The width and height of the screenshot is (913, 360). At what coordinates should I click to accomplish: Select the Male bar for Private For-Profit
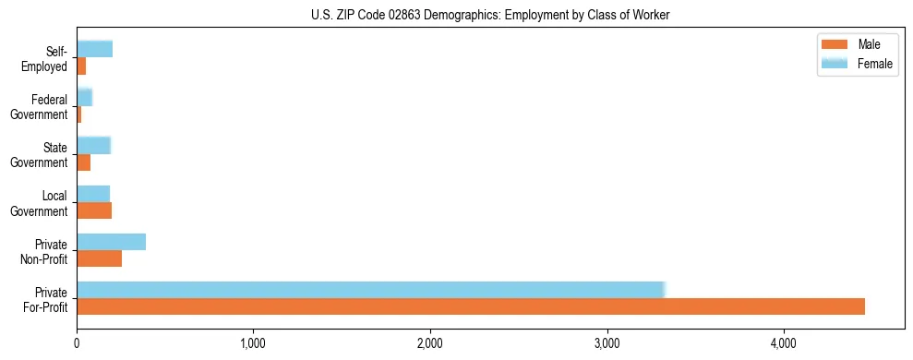pos(470,306)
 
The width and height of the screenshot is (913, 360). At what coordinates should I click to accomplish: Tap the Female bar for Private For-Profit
pos(370,290)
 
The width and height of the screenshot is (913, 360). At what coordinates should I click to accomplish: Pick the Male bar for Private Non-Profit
pos(99,258)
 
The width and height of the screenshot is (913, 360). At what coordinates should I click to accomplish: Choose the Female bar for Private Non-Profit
pos(111,242)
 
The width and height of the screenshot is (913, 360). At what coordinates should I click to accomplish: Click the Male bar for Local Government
pos(94,210)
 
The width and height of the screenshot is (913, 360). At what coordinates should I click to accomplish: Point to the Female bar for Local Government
pos(93,194)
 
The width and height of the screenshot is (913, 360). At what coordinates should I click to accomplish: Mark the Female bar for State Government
pos(93,145)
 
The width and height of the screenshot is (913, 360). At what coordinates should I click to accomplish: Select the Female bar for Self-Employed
pos(94,49)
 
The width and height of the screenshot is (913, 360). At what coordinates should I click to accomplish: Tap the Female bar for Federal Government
pos(84,97)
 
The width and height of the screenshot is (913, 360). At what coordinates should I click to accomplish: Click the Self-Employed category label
pos(47,58)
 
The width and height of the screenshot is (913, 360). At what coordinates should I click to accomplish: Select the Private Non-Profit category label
pos(45,251)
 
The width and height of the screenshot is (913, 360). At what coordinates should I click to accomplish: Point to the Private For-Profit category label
pos(46,299)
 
